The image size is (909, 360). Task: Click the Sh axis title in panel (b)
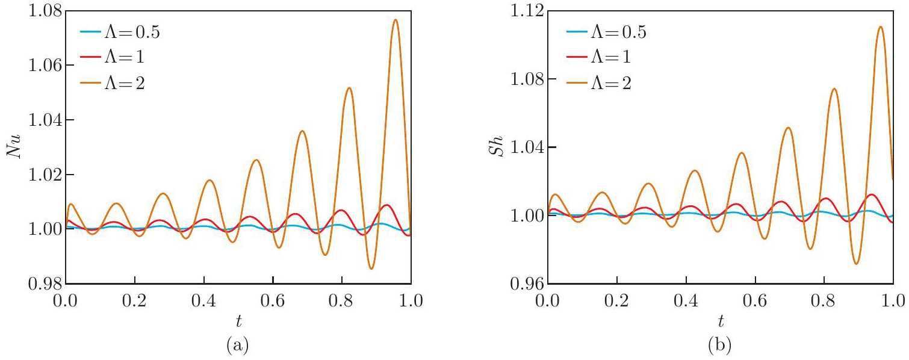(x=497, y=147)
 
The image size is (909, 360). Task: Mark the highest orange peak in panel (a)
(x=395, y=19)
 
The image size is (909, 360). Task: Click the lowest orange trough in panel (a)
(x=371, y=268)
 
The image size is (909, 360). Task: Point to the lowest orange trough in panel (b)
(x=856, y=264)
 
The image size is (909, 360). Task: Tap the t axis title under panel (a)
(x=238, y=318)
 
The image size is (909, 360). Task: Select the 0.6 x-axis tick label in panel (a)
(x=273, y=299)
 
